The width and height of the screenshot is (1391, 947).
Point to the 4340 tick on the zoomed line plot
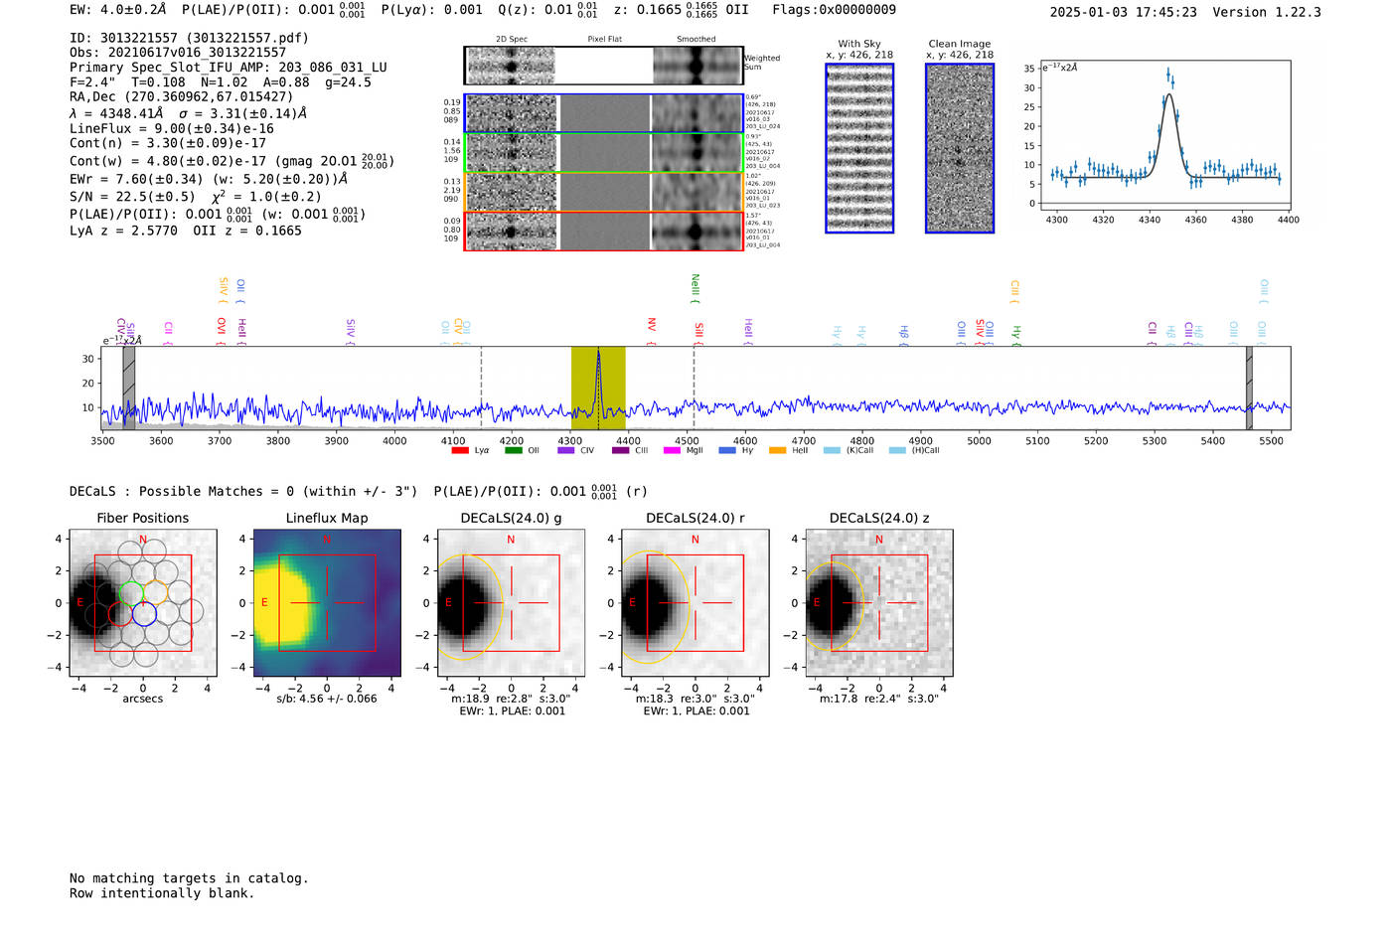(x=1150, y=220)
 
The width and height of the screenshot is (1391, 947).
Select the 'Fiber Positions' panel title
(x=142, y=518)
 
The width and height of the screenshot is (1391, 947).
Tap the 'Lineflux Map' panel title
(x=327, y=518)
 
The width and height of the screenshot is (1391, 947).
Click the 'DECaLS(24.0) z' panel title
(x=878, y=518)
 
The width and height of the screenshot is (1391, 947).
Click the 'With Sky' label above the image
(x=859, y=44)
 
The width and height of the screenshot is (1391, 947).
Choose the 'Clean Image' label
(x=959, y=44)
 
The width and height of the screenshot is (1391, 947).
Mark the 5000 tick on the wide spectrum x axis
(x=979, y=441)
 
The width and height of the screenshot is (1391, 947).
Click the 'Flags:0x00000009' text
(x=834, y=10)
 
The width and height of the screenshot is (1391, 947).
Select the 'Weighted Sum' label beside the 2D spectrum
(x=761, y=63)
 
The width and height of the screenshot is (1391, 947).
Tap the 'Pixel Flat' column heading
(x=604, y=40)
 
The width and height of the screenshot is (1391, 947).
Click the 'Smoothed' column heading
(x=695, y=40)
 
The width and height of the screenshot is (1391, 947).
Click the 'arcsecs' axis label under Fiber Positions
(x=142, y=699)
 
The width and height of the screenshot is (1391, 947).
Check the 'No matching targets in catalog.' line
(x=189, y=878)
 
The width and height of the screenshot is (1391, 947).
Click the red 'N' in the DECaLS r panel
(x=695, y=540)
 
